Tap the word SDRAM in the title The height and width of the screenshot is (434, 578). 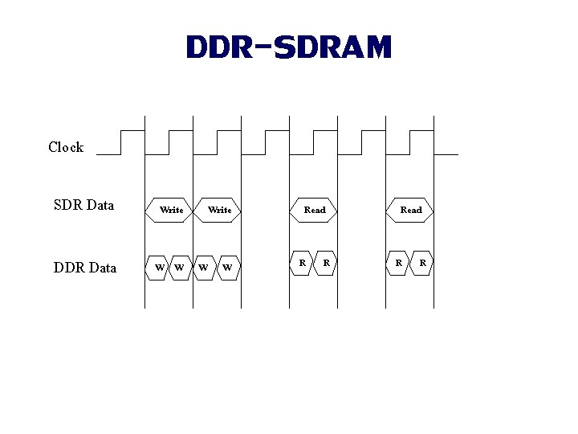(x=332, y=47)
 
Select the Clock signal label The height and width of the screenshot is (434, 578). (x=66, y=147)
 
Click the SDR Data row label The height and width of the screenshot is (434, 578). (x=83, y=205)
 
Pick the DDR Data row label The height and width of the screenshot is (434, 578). (x=85, y=268)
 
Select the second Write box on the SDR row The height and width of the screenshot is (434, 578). (x=219, y=210)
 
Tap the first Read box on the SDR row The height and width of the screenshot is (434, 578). (x=314, y=210)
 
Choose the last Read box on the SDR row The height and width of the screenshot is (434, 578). (x=410, y=210)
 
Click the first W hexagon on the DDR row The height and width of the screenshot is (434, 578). (x=159, y=267)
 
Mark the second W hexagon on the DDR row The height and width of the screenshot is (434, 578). (x=180, y=267)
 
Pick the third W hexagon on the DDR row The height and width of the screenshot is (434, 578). (x=205, y=267)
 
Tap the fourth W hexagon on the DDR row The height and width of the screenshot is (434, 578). (x=228, y=267)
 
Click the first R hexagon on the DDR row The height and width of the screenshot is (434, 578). (x=302, y=263)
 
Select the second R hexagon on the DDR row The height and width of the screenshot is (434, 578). (x=325, y=263)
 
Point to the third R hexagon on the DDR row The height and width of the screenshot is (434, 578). (x=398, y=263)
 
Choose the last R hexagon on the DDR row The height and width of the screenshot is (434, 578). (x=422, y=263)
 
